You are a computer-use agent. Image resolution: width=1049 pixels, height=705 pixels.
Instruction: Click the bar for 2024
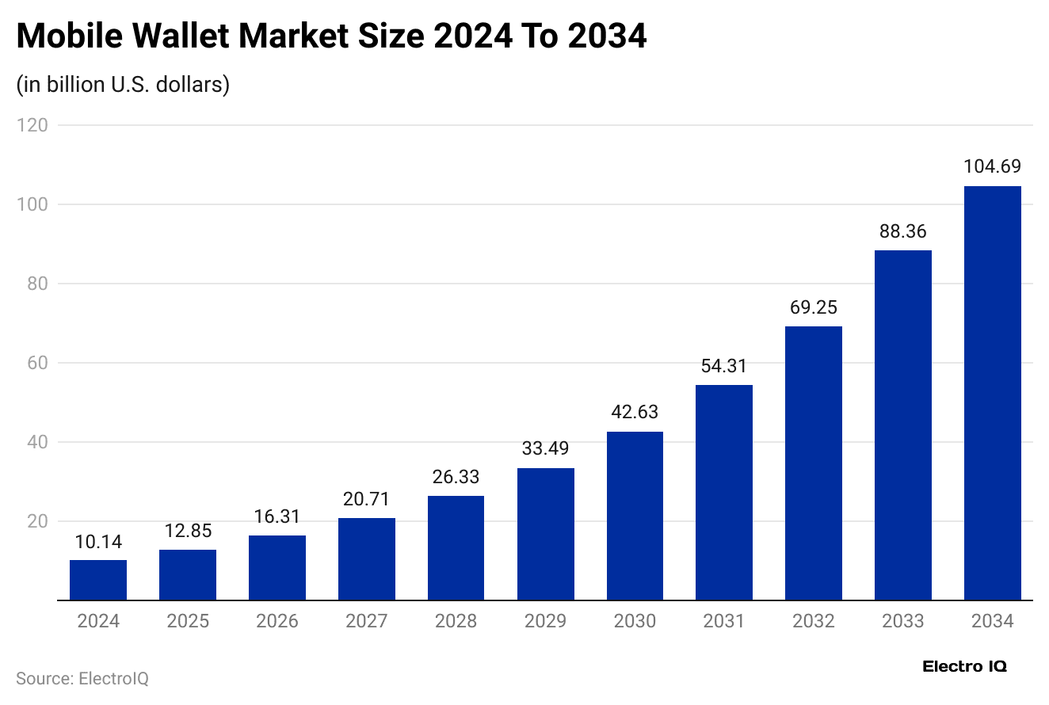[98, 580]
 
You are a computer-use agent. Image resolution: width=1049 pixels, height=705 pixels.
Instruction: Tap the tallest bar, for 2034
[992, 393]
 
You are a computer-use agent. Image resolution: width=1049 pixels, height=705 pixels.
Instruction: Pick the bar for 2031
[724, 493]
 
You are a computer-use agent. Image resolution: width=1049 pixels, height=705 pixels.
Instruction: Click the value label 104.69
[992, 166]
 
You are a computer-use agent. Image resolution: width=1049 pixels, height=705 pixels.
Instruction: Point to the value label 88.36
[902, 231]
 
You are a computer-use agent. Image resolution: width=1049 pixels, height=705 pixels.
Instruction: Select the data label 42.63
[635, 412]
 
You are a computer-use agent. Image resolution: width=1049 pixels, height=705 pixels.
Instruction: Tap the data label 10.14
[98, 541]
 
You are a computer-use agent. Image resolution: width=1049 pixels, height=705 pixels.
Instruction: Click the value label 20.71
[367, 499]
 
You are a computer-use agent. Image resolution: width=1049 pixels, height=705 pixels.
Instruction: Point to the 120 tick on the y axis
[32, 125]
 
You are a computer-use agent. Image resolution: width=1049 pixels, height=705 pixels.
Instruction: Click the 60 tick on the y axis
[36, 363]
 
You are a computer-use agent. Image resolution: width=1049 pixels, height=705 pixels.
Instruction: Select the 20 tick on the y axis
[36, 521]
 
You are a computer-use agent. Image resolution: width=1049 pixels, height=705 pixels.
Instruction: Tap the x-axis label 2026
[277, 621]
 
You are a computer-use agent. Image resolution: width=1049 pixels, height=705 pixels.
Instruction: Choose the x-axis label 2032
[813, 621]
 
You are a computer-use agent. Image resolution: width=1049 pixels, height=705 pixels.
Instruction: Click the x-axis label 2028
[456, 621]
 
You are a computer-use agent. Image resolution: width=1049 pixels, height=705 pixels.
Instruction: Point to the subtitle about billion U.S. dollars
[123, 84]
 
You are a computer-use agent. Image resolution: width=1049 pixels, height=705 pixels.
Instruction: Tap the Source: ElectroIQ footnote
[82, 679]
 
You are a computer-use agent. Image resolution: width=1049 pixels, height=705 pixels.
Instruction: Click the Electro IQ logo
[964, 667]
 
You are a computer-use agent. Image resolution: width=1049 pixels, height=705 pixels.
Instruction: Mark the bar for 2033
[902, 425]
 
